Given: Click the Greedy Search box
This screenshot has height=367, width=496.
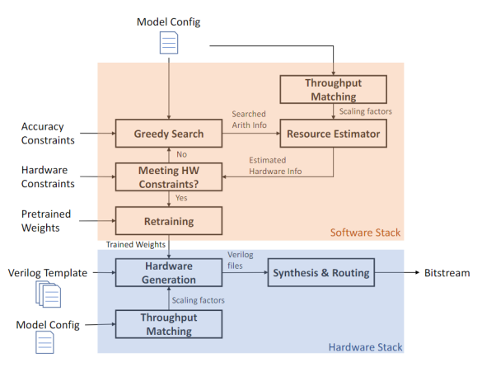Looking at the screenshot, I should [x=168, y=132].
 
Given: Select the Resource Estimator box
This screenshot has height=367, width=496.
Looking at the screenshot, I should [x=333, y=132].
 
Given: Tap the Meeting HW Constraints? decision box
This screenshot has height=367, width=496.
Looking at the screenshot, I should [x=168, y=175].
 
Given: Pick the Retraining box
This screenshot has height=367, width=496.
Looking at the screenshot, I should [x=168, y=220].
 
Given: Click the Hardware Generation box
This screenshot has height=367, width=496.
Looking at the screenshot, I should [x=168, y=273].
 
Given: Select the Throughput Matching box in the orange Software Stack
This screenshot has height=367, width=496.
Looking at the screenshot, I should [x=333, y=89].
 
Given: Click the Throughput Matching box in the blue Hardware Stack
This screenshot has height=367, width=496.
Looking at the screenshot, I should [x=168, y=324].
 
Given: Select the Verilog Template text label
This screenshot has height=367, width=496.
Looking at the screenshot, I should [x=46, y=273].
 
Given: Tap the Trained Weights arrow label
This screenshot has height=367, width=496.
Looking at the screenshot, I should [x=135, y=245].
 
